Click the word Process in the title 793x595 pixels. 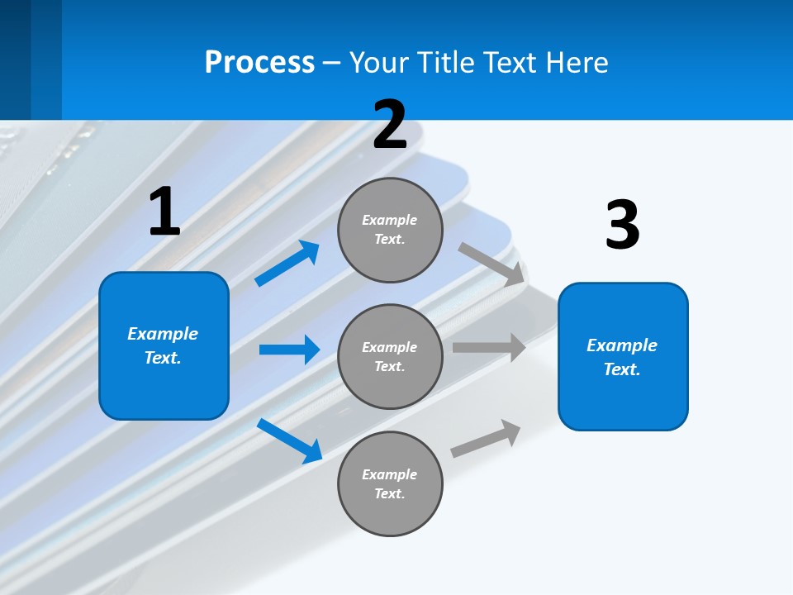click(259, 63)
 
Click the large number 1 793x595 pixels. click(164, 212)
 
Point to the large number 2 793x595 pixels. click(390, 125)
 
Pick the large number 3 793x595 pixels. click(622, 225)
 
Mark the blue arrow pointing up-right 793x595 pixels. click(287, 264)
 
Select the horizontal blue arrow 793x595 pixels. click(289, 350)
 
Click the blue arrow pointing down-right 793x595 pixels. click(289, 440)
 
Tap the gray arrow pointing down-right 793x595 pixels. click(491, 264)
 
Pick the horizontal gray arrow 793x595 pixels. click(489, 347)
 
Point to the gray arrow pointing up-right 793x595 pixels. click(486, 438)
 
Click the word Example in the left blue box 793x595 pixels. click(163, 334)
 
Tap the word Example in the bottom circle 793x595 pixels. click(390, 474)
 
